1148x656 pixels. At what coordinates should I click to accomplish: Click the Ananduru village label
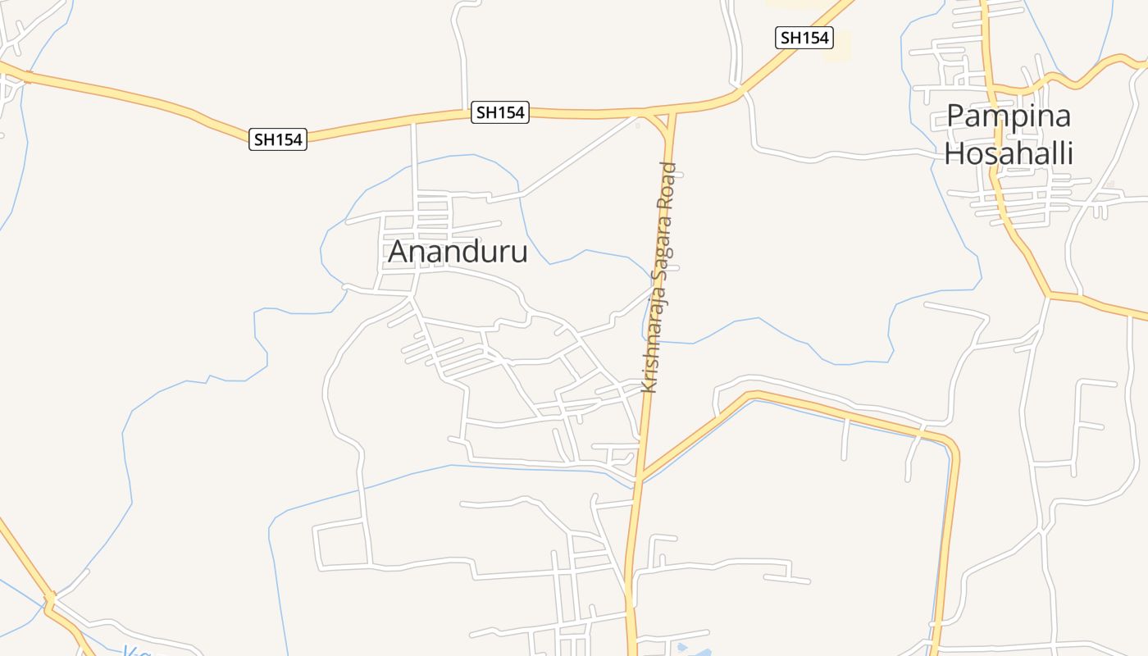pos(458,252)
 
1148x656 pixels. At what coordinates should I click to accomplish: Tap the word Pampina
pos(1009,116)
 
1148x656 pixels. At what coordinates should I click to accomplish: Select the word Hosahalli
pos(1009,153)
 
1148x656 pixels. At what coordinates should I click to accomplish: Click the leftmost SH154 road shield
pos(278,139)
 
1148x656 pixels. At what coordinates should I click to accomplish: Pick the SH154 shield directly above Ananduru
pos(499,112)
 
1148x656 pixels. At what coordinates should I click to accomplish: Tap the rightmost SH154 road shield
pos(804,38)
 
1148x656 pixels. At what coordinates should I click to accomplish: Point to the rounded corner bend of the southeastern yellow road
pos(952,447)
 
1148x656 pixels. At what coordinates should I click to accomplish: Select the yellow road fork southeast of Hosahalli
pos(1049,294)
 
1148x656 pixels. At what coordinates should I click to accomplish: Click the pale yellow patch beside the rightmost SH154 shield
pos(837,47)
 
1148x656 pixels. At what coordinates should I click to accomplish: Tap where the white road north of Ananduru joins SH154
pos(413,123)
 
